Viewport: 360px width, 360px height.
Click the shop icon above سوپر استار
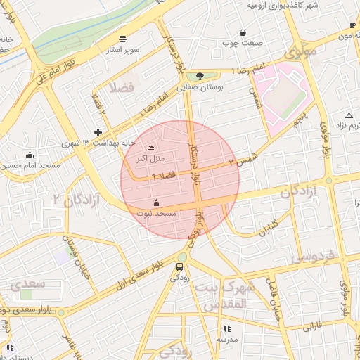click(x=123, y=38)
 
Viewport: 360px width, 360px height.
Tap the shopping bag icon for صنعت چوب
click(x=243, y=32)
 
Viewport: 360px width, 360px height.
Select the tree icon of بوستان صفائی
click(x=200, y=76)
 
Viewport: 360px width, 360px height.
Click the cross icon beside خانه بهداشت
click(x=98, y=131)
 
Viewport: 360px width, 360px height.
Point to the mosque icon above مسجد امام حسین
click(x=30, y=155)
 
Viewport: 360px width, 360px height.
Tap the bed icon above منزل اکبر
click(x=151, y=148)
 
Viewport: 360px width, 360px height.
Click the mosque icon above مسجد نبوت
click(x=155, y=204)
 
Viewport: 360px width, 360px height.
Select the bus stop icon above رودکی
click(x=179, y=266)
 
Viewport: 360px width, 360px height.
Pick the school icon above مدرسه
click(x=226, y=328)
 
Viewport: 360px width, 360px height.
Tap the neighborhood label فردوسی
click(x=314, y=257)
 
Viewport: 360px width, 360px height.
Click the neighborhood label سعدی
click(x=28, y=283)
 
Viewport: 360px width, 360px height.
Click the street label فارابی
click(x=311, y=327)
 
